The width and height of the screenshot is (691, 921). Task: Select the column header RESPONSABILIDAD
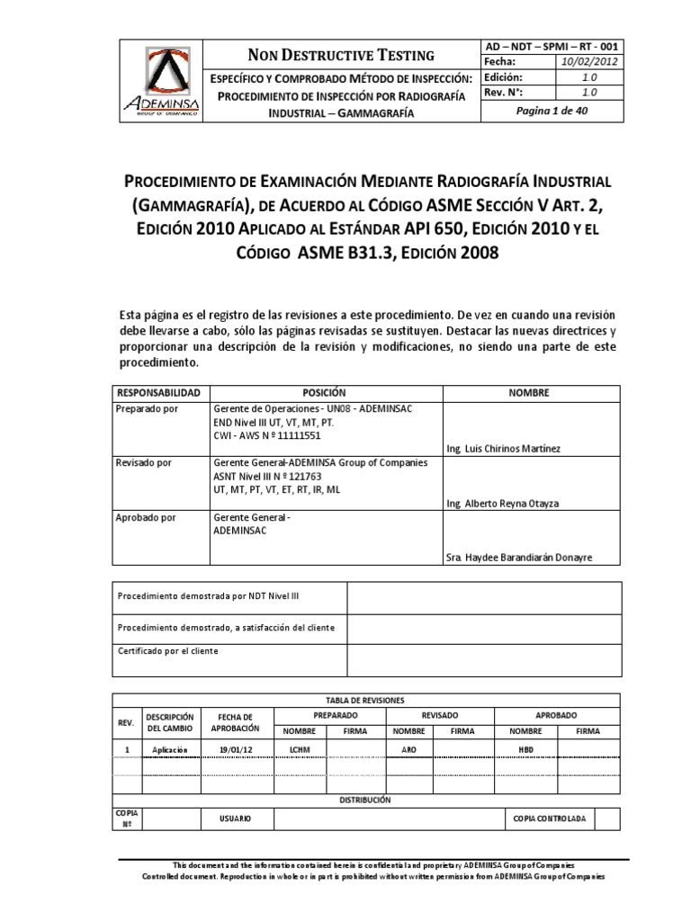click(158, 393)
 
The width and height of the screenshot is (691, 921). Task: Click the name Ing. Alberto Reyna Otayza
click(502, 503)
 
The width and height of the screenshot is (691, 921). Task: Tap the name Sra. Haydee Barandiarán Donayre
click(519, 558)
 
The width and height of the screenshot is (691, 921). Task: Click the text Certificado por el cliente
click(168, 650)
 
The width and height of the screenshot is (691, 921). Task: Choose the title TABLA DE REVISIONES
click(364, 699)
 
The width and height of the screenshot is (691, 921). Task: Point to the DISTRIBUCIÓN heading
click(364, 799)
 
